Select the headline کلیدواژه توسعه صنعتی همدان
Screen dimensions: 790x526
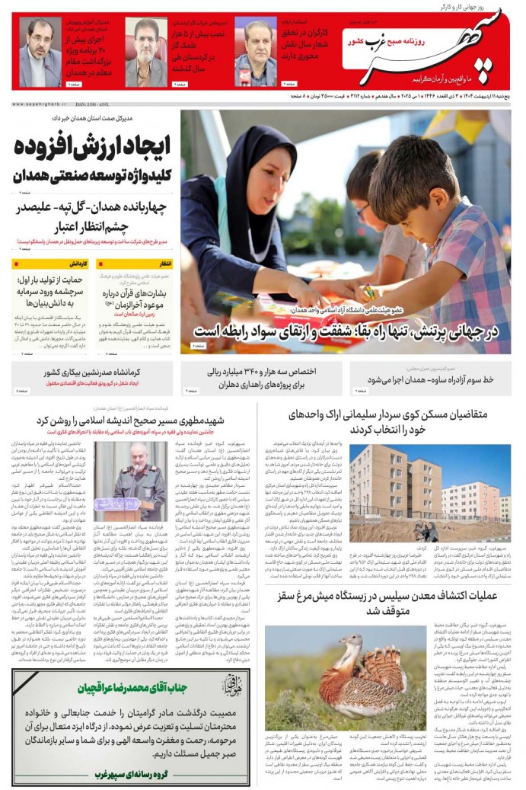pos(91,174)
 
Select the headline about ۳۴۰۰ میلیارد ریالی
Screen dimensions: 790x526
pos(262,378)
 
